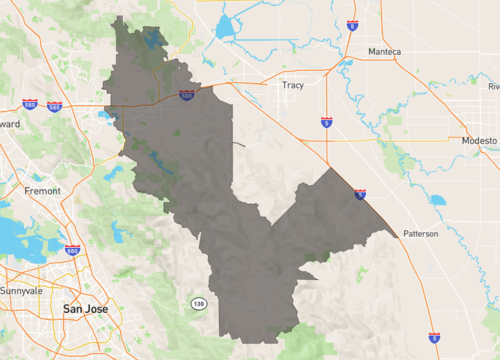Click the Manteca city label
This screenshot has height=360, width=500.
[384, 51]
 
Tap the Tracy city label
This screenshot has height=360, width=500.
[293, 85]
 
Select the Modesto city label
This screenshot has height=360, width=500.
[478, 142]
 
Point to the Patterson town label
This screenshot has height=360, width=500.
[421, 233]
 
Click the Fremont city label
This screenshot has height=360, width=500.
[43, 189]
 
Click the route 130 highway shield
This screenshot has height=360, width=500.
[199, 303]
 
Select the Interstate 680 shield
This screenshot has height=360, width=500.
[72, 250]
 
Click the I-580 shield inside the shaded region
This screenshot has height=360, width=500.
[187, 95]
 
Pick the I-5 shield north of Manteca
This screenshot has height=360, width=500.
[352, 24]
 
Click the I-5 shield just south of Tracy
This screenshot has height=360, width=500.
[327, 122]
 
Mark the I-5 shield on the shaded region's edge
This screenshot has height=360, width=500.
[360, 194]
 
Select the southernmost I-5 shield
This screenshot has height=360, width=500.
[433, 338]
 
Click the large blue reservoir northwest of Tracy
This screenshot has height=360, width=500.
[222, 28]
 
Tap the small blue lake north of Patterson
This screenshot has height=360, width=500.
[437, 200]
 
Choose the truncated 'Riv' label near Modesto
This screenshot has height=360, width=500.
[493, 87]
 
